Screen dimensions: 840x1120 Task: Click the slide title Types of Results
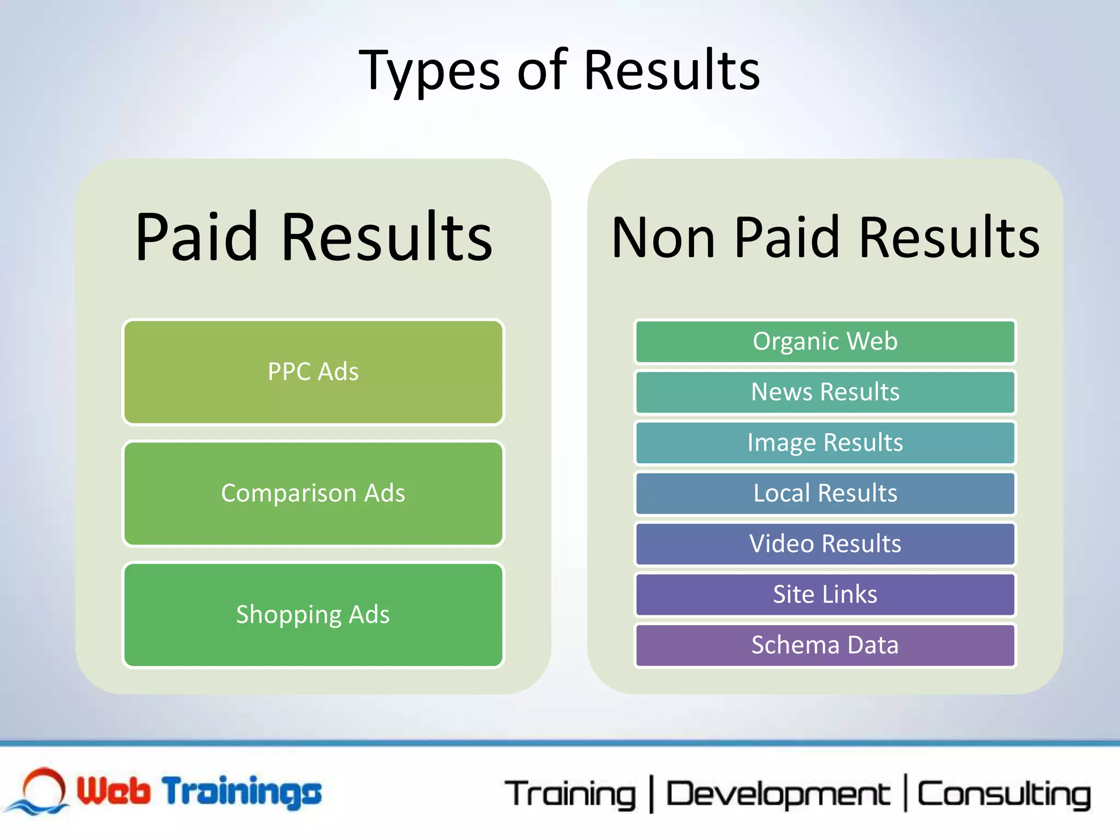pos(559,71)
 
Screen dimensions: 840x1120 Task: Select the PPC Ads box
pos(313,372)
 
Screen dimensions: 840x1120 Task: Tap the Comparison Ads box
pos(313,493)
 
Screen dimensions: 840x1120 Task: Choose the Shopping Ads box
pos(313,615)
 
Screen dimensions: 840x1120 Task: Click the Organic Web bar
pos(825,342)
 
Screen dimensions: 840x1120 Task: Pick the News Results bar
pos(825,392)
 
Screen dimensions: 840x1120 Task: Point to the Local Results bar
pos(825,493)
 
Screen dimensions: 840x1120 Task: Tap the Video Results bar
pos(825,544)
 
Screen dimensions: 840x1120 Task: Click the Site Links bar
pos(825,594)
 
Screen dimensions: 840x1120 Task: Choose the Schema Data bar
pos(825,645)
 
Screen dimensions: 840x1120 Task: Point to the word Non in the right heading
pos(663,238)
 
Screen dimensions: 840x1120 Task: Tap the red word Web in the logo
pos(113,791)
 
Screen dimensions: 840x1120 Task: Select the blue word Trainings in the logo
pos(242,792)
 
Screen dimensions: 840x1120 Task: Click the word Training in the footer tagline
pos(570,795)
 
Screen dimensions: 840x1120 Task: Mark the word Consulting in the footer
pos(1004,795)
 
